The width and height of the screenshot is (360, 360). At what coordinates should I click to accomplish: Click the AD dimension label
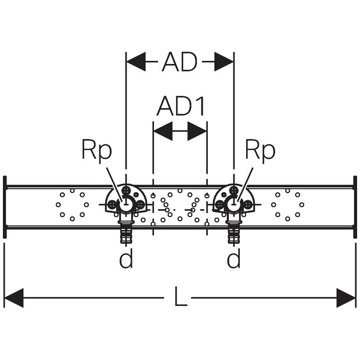click(180, 62)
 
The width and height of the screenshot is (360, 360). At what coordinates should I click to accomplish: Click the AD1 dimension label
click(181, 106)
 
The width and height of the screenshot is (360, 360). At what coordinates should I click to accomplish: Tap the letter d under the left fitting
click(126, 258)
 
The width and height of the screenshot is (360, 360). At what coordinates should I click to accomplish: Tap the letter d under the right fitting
click(234, 258)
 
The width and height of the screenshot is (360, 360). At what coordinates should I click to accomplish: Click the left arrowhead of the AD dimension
click(136, 62)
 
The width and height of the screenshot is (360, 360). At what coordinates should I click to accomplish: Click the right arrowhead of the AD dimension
click(224, 62)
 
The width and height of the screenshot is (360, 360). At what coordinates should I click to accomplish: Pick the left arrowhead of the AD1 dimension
click(163, 131)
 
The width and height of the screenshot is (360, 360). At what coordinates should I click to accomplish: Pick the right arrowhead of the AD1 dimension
click(197, 131)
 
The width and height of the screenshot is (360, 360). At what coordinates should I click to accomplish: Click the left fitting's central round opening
click(125, 204)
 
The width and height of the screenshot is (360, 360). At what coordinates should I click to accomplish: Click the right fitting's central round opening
click(233, 204)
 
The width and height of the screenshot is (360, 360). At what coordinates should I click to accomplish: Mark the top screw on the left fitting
click(126, 190)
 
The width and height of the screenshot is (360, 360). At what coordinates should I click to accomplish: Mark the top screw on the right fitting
click(234, 190)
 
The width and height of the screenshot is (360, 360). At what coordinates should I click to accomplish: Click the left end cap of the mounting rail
click(5, 207)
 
